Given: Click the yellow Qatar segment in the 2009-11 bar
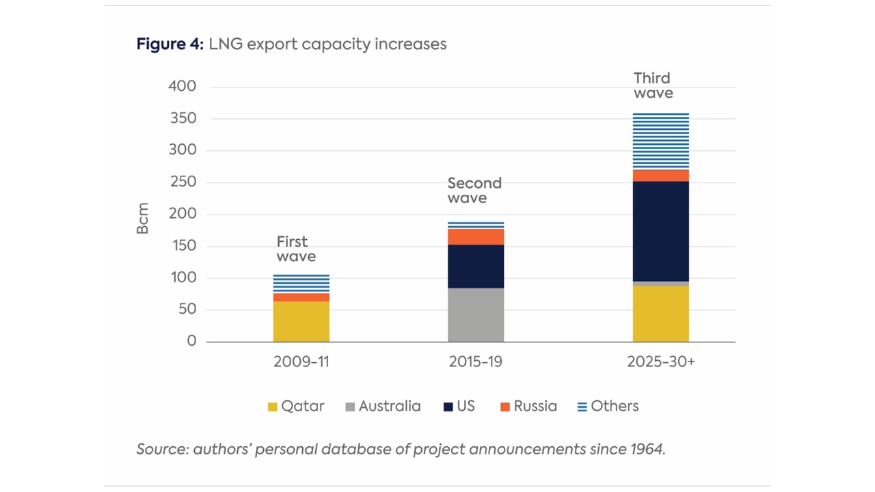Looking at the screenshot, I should tap(301, 321).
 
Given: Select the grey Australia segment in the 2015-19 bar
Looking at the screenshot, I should tap(476, 314).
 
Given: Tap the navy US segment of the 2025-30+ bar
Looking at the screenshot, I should tap(660, 231).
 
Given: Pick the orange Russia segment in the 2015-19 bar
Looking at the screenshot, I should tap(476, 236).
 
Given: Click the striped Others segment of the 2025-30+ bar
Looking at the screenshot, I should tap(660, 141).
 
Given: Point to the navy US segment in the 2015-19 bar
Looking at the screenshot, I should tap(476, 266).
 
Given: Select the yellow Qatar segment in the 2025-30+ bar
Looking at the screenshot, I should tap(660, 314).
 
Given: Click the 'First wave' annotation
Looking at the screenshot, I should tap(295, 249).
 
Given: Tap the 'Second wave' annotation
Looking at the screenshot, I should tap(474, 191).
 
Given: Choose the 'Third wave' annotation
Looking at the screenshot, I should tap(653, 85).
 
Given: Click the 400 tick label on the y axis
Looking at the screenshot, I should tap(182, 87).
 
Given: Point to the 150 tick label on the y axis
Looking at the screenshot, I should tap(182, 246).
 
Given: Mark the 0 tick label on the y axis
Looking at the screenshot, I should tap(191, 341).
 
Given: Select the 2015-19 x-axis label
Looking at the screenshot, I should tap(476, 362).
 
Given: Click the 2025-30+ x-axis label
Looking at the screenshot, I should tap(660, 362).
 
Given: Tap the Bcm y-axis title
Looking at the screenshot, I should tap(143, 219).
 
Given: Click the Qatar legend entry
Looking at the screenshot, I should tap(295, 407).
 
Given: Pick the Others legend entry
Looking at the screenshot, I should tap(608, 407).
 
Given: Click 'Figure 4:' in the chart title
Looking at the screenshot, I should tap(170, 44).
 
